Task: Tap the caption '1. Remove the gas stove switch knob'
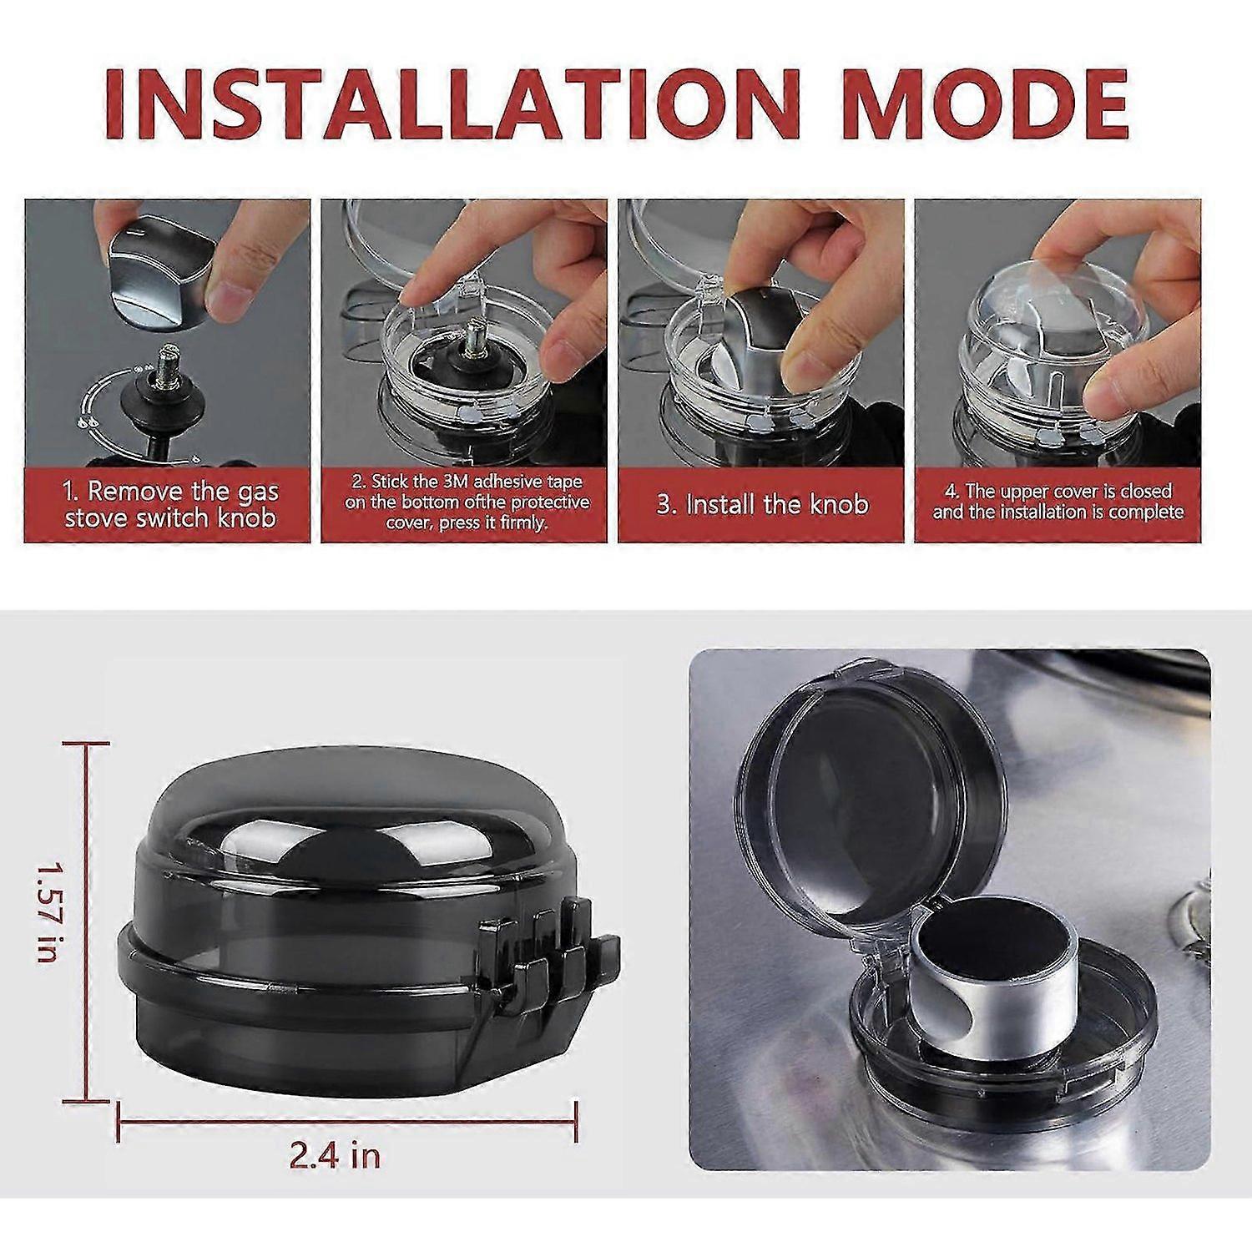(170, 504)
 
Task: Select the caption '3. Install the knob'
(763, 505)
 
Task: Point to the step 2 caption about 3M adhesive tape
(467, 502)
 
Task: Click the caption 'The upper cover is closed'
(1058, 492)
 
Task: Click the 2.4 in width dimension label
(335, 1156)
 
